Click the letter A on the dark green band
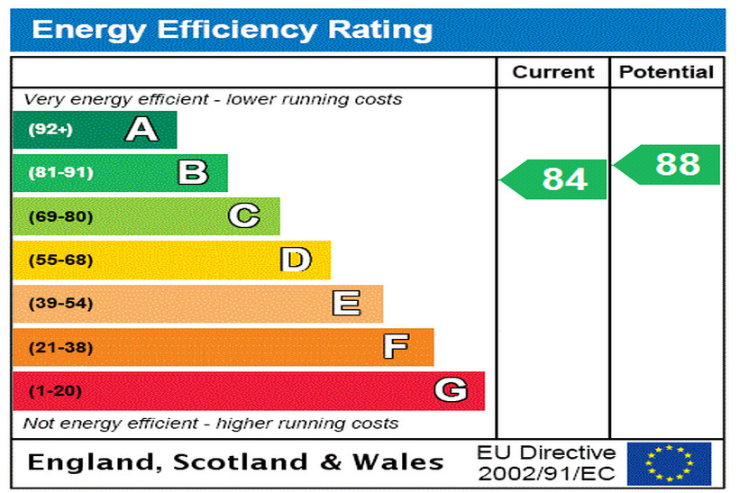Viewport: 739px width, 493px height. [x=141, y=130]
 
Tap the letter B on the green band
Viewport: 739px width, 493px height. [x=193, y=172]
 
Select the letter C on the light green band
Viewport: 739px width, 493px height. [x=244, y=216]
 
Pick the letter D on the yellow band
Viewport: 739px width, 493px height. [x=296, y=260]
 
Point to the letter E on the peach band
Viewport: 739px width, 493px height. [x=347, y=304]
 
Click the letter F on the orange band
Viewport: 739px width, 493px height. [x=397, y=347]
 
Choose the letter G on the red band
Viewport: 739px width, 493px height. [x=451, y=390]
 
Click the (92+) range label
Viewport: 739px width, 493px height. [x=50, y=130]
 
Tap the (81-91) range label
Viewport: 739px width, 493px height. [x=60, y=173]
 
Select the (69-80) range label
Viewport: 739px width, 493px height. [x=60, y=216]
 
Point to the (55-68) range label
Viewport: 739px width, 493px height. [x=60, y=260]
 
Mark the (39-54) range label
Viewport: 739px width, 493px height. [x=60, y=304]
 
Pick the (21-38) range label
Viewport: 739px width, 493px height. [x=60, y=347]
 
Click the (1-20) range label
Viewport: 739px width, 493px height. [x=55, y=391]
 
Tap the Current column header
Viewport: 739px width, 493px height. [x=553, y=72]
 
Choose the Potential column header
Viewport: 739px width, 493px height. [x=667, y=72]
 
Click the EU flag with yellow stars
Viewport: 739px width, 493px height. [x=669, y=463]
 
